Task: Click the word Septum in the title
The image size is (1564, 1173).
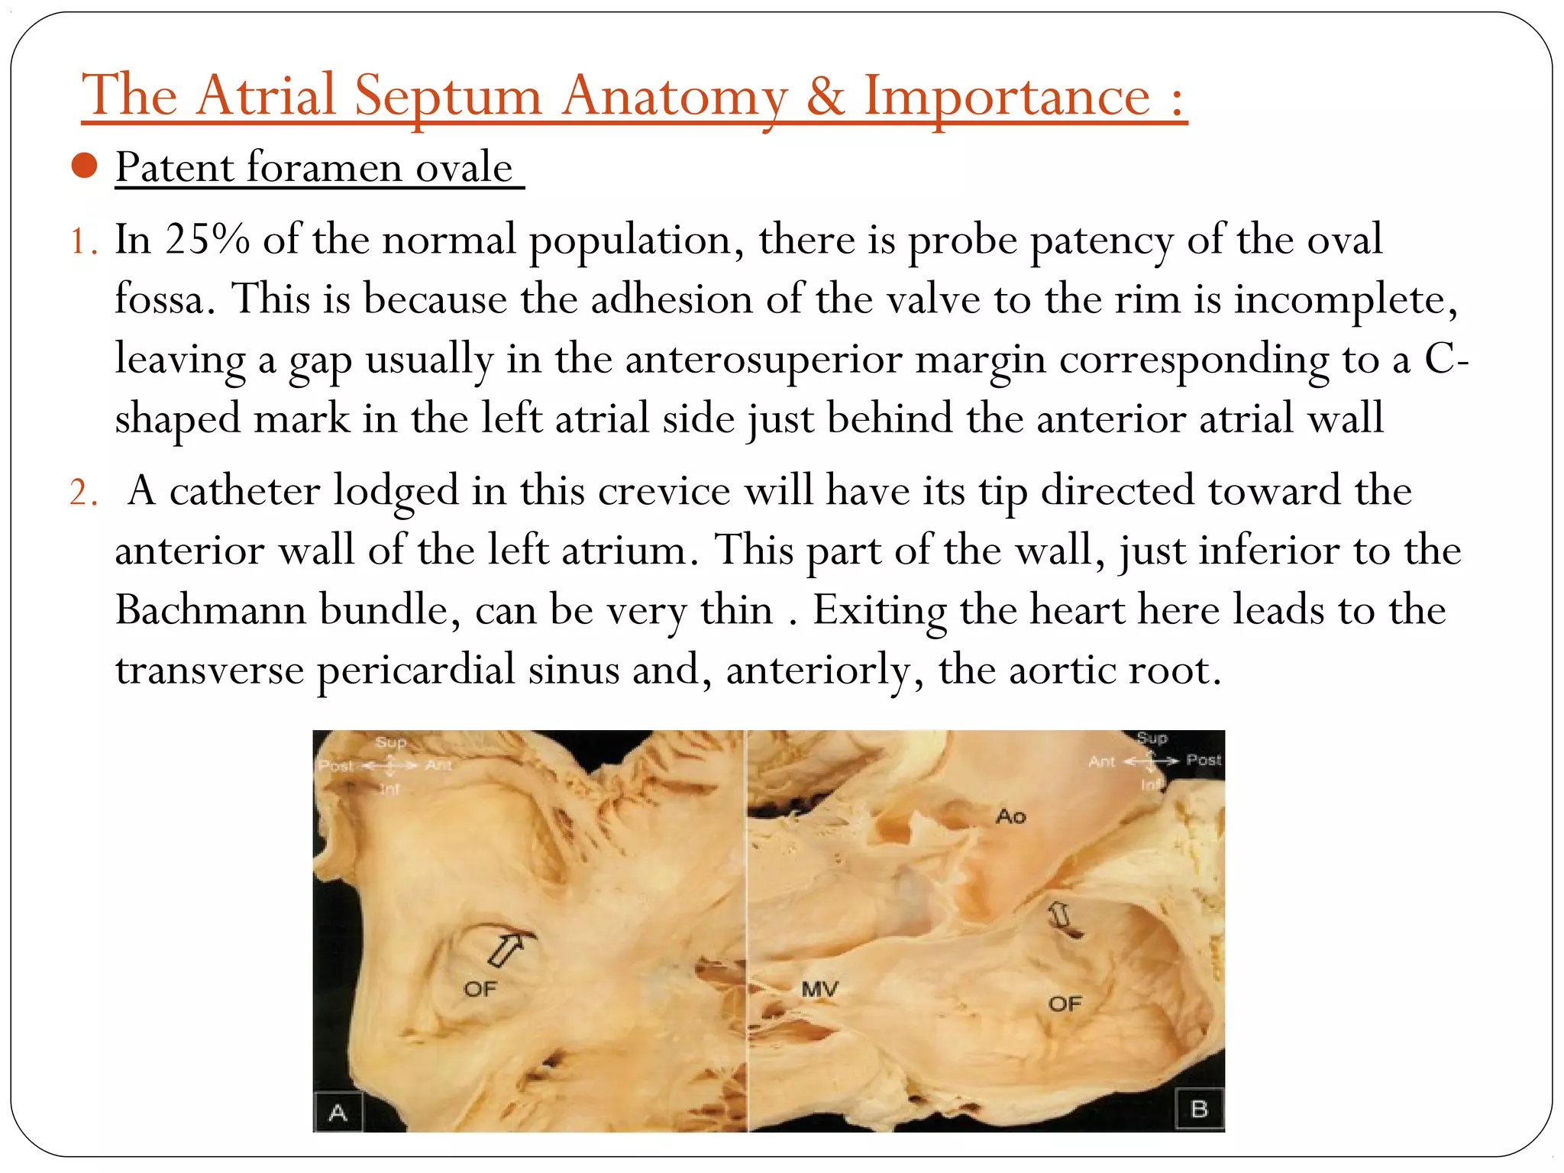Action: coord(448,97)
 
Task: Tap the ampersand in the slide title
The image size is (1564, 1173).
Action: coord(825,97)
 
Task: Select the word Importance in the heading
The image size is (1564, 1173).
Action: coord(1007,97)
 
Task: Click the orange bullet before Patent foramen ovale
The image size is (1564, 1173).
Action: coord(84,166)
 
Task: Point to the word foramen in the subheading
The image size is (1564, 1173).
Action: coord(325,167)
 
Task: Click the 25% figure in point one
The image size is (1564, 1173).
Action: coord(207,240)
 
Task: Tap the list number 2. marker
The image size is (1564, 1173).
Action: coord(83,492)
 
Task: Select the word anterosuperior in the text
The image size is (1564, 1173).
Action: coord(764,359)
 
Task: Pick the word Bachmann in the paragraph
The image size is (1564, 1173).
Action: coord(210,610)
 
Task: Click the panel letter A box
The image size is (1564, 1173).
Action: coord(338,1112)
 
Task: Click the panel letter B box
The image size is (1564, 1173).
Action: coord(1199,1109)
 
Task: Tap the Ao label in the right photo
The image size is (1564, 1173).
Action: coord(1010,816)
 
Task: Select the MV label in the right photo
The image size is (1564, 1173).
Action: coord(819,990)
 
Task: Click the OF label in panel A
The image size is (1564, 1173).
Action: coord(480,990)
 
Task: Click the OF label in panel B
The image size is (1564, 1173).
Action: coord(1065,1003)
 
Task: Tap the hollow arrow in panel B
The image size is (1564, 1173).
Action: coord(1060,916)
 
